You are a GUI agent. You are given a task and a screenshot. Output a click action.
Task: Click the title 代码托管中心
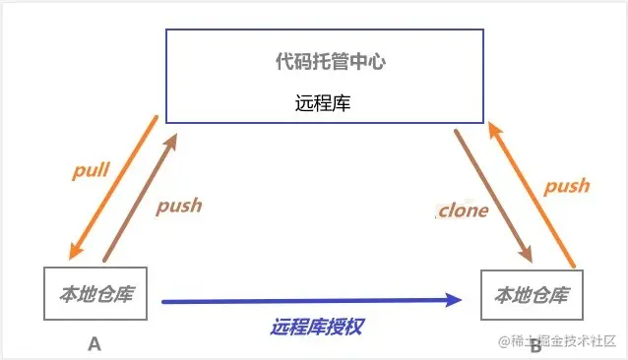tap(329, 62)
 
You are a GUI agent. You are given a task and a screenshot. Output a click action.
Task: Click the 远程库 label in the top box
tap(322, 102)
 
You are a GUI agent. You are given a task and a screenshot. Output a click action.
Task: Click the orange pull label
tap(91, 169)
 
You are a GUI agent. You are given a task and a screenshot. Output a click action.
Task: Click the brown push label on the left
tap(178, 205)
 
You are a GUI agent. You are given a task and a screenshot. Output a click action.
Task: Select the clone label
tap(463, 210)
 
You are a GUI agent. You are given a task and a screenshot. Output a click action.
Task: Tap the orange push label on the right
tap(567, 185)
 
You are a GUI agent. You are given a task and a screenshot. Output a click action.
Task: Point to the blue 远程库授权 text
tap(317, 326)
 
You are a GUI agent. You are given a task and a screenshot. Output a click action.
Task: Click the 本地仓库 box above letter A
tap(95, 292)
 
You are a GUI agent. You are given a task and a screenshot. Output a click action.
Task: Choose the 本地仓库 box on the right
tap(531, 293)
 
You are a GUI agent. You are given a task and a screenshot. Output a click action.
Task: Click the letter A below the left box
tap(94, 343)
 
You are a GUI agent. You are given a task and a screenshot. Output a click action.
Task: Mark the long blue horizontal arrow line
tap(295, 300)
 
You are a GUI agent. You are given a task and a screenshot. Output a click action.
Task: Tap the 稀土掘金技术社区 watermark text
tap(562, 341)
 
